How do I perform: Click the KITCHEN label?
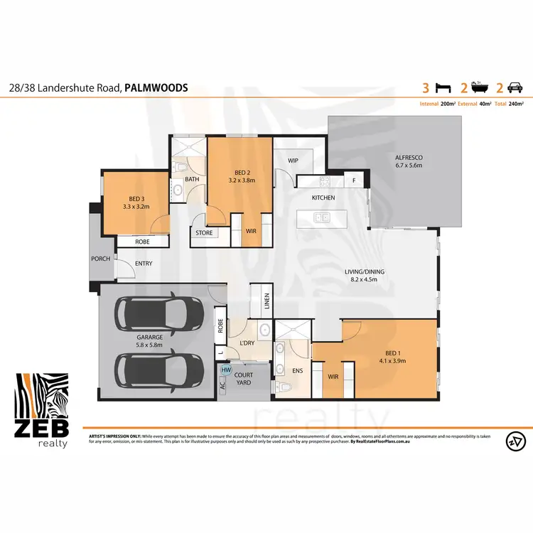coord(323,198)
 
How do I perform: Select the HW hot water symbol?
coord(227,370)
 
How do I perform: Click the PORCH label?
coord(100,259)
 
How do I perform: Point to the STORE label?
coord(205,232)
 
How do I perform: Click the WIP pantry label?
coord(292,161)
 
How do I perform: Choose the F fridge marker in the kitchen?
coord(354,181)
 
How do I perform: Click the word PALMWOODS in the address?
coord(156,88)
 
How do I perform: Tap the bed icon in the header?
coord(443,88)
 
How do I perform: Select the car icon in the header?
coord(514,88)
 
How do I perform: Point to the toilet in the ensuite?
coord(284,387)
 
